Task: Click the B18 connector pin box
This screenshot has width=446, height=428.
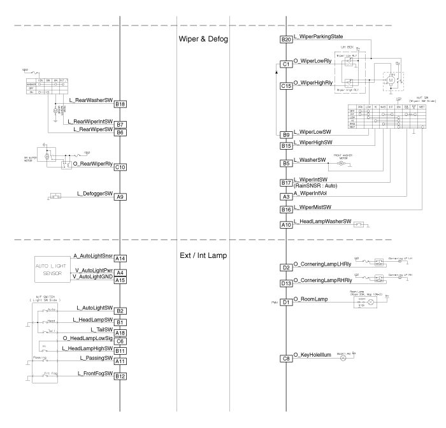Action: click(x=120, y=104)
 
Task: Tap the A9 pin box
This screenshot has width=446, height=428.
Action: click(x=120, y=197)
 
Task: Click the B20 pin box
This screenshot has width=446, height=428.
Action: click(x=286, y=40)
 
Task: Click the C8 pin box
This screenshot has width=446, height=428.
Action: click(x=286, y=359)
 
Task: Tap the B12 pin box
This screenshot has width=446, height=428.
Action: click(x=120, y=376)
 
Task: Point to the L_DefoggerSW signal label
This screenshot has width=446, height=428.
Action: click(x=94, y=192)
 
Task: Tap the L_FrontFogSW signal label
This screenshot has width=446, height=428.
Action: click(x=94, y=372)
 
